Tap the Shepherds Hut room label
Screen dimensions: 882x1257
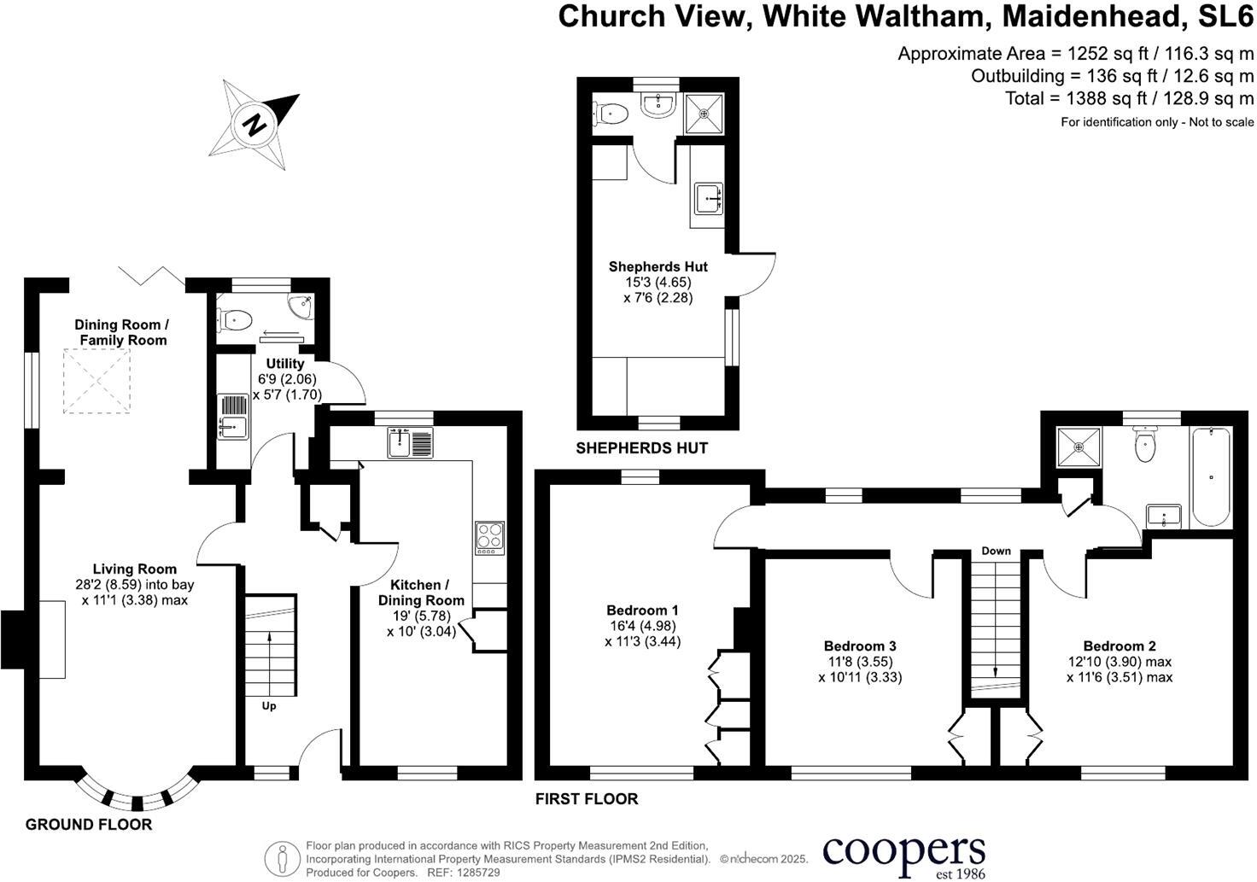pyautogui.click(x=658, y=266)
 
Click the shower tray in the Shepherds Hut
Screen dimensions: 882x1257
pyautogui.click(x=704, y=113)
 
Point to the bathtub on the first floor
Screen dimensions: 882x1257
pyautogui.click(x=1210, y=476)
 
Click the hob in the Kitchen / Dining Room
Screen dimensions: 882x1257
pyautogui.click(x=489, y=538)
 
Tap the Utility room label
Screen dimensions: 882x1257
pyautogui.click(x=284, y=364)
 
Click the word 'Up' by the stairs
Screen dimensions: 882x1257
pyautogui.click(x=269, y=706)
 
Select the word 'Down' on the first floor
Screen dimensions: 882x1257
pyautogui.click(x=996, y=551)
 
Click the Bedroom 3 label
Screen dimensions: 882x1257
pyautogui.click(x=859, y=646)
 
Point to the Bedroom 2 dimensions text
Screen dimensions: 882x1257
pyautogui.click(x=1119, y=669)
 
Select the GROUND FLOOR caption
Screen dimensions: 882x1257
pyautogui.click(x=89, y=824)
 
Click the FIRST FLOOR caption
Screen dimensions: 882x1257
pyautogui.click(x=587, y=799)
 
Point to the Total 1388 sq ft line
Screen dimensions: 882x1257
pyautogui.click(x=1129, y=98)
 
